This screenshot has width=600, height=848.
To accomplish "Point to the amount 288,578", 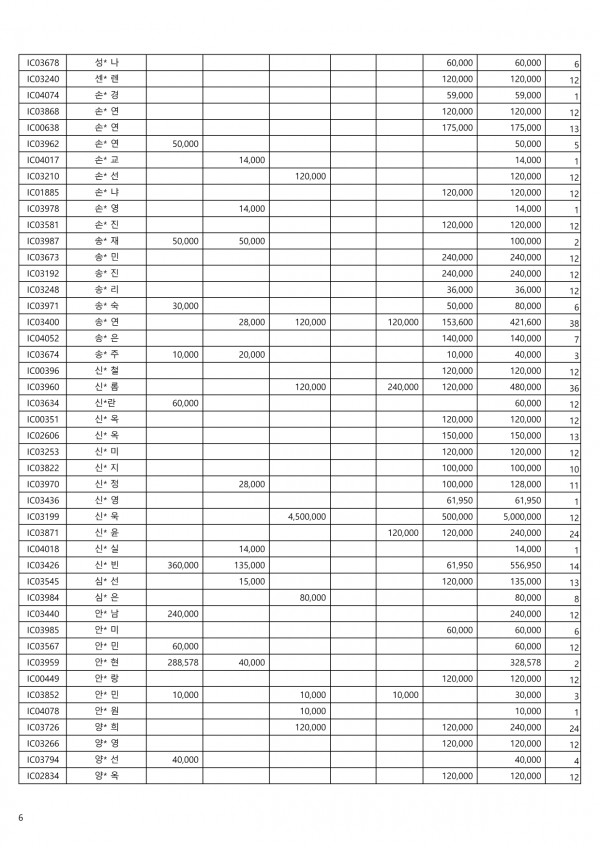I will click(181, 662).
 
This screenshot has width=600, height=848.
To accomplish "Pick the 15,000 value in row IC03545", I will click(251, 581).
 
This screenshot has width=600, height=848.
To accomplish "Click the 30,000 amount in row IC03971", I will click(185, 306).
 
